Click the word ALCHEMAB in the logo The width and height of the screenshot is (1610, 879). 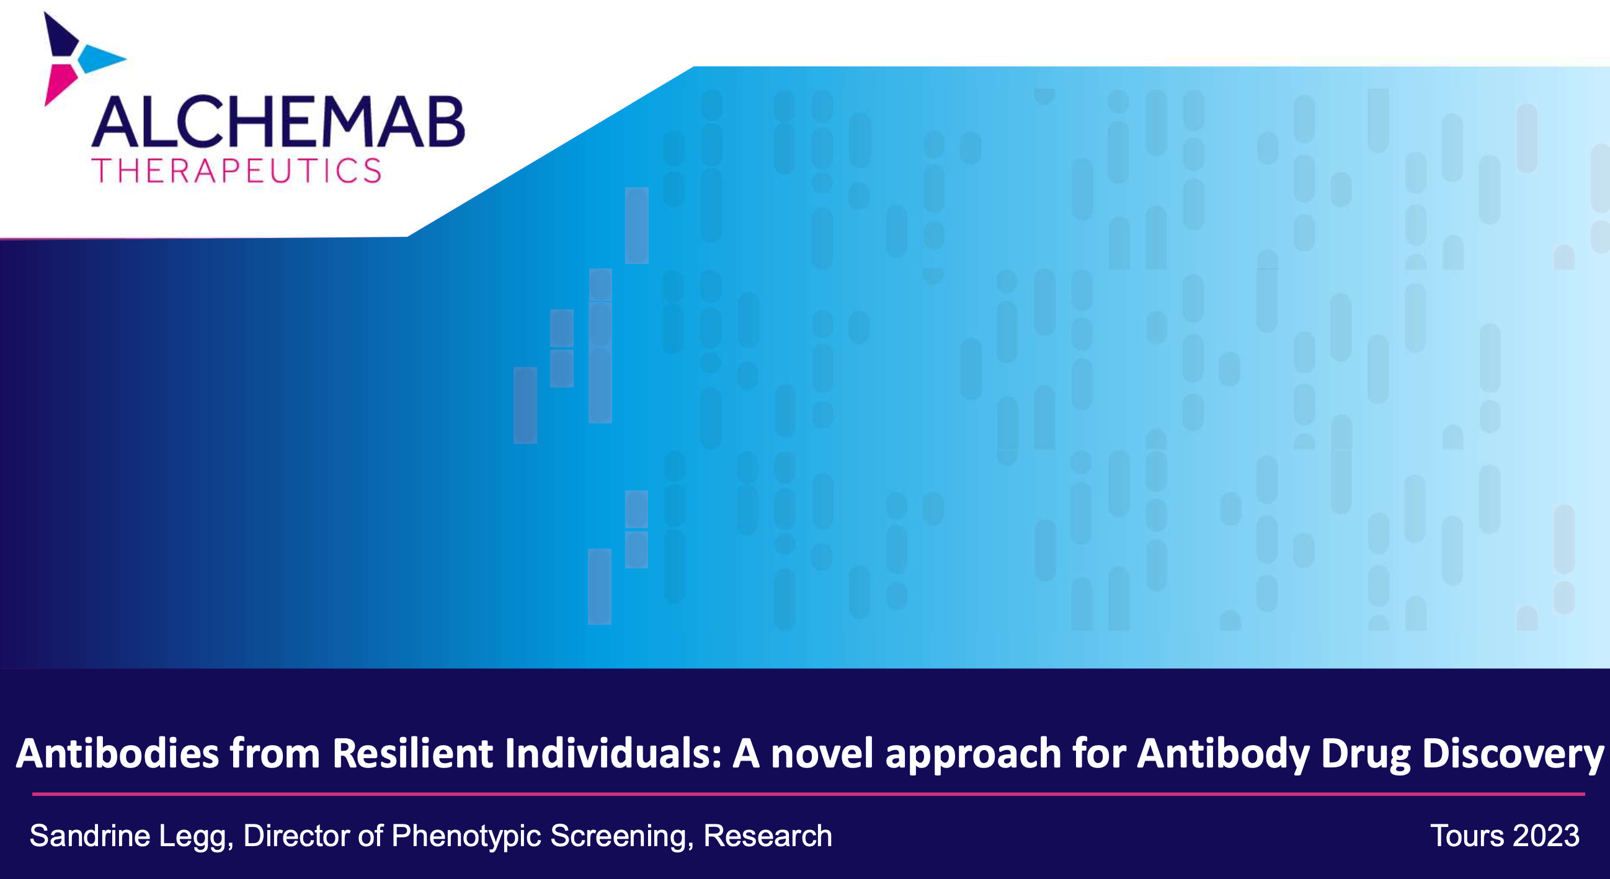point(278,122)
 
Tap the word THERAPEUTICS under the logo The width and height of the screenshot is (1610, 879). point(236,170)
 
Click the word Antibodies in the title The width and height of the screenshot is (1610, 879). point(117,753)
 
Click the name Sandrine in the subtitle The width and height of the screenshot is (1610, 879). point(90,836)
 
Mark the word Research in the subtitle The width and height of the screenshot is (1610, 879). point(768,836)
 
